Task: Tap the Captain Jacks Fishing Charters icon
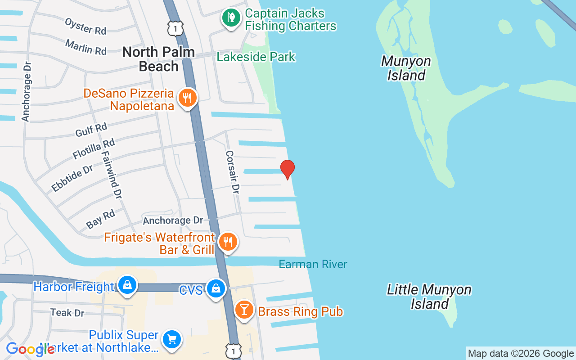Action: pos(231,18)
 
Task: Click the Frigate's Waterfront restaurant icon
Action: pos(228,243)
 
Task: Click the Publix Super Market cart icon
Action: pos(171,340)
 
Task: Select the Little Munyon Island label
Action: pos(429,297)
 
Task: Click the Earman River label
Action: pos(313,264)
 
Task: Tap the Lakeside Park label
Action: pos(256,57)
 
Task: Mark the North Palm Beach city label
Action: pos(158,59)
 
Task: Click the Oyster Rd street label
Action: pos(85,26)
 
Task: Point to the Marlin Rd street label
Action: pos(85,47)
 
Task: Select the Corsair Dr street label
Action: pos(231,172)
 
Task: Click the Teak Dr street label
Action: pos(67,312)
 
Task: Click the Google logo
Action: pos(30,349)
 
